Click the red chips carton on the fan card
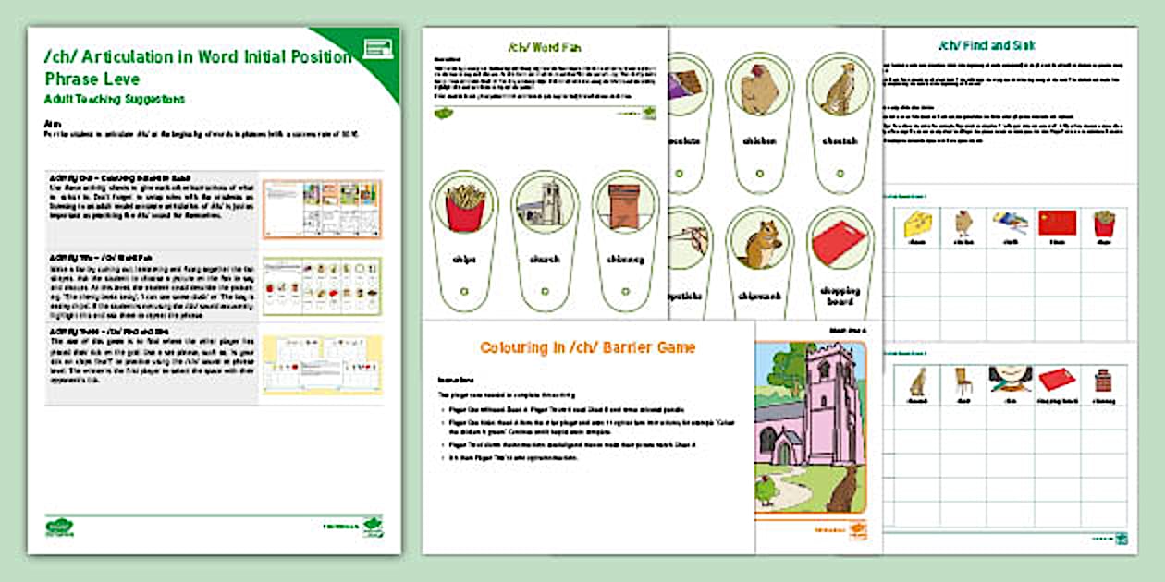463,207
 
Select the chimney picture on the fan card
623,205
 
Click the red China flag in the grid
1058,223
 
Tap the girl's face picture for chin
1011,380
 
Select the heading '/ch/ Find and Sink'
987,45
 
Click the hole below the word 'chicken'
759,172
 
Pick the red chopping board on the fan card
840,245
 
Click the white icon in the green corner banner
378,49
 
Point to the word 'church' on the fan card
544,260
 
